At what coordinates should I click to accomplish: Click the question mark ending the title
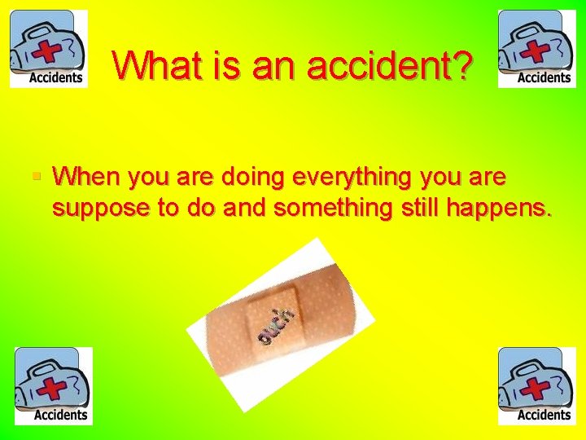click(x=462, y=64)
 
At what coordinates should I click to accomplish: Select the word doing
click(x=265, y=177)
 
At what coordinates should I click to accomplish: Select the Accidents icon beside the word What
click(x=48, y=49)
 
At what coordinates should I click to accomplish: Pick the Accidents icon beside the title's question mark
click(x=537, y=49)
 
